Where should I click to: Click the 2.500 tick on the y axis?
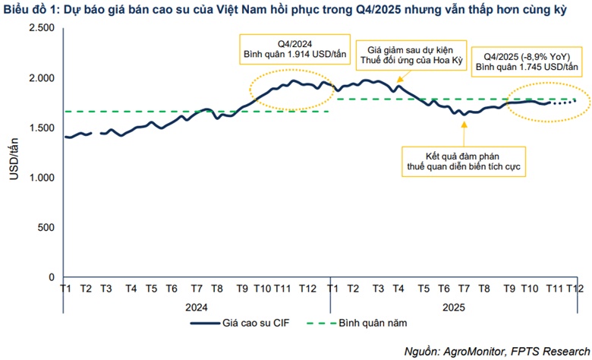[41, 28]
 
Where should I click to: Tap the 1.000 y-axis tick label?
[41, 178]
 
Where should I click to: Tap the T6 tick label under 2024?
[172, 289]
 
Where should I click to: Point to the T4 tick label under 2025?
[398, 289]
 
